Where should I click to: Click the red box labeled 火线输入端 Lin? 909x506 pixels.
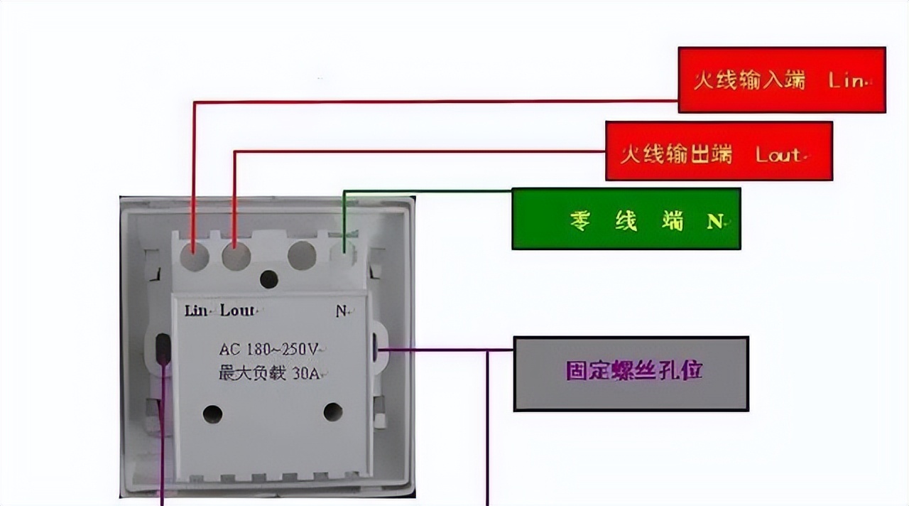781,80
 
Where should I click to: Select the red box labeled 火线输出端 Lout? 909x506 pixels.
718,151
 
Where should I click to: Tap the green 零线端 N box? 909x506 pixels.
626,219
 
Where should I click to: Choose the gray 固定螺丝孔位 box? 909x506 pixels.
631,373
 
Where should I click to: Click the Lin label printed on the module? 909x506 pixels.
196,311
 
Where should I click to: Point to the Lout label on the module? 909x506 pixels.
237,311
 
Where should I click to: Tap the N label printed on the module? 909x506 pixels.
342,311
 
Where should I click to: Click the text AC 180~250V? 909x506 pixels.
268,349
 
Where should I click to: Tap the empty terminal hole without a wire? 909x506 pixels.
302,255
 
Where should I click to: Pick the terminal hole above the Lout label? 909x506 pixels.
236,256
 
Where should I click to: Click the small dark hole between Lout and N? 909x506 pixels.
268,279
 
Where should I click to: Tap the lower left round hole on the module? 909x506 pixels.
212,414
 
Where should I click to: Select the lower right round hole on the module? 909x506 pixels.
333,411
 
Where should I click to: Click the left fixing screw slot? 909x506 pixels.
163,348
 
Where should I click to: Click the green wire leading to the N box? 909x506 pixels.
426,191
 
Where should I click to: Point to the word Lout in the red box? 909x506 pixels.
778,154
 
